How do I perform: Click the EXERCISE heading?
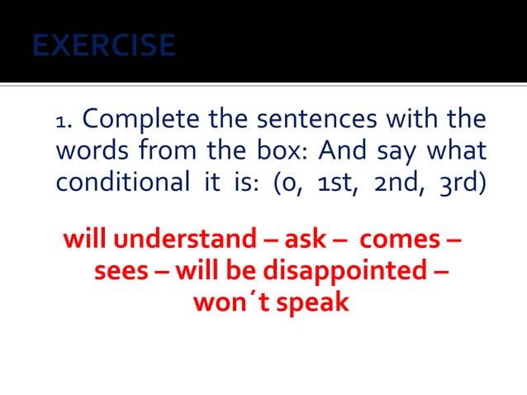(x=104, y=45)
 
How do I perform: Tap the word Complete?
(x=141, y=119)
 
